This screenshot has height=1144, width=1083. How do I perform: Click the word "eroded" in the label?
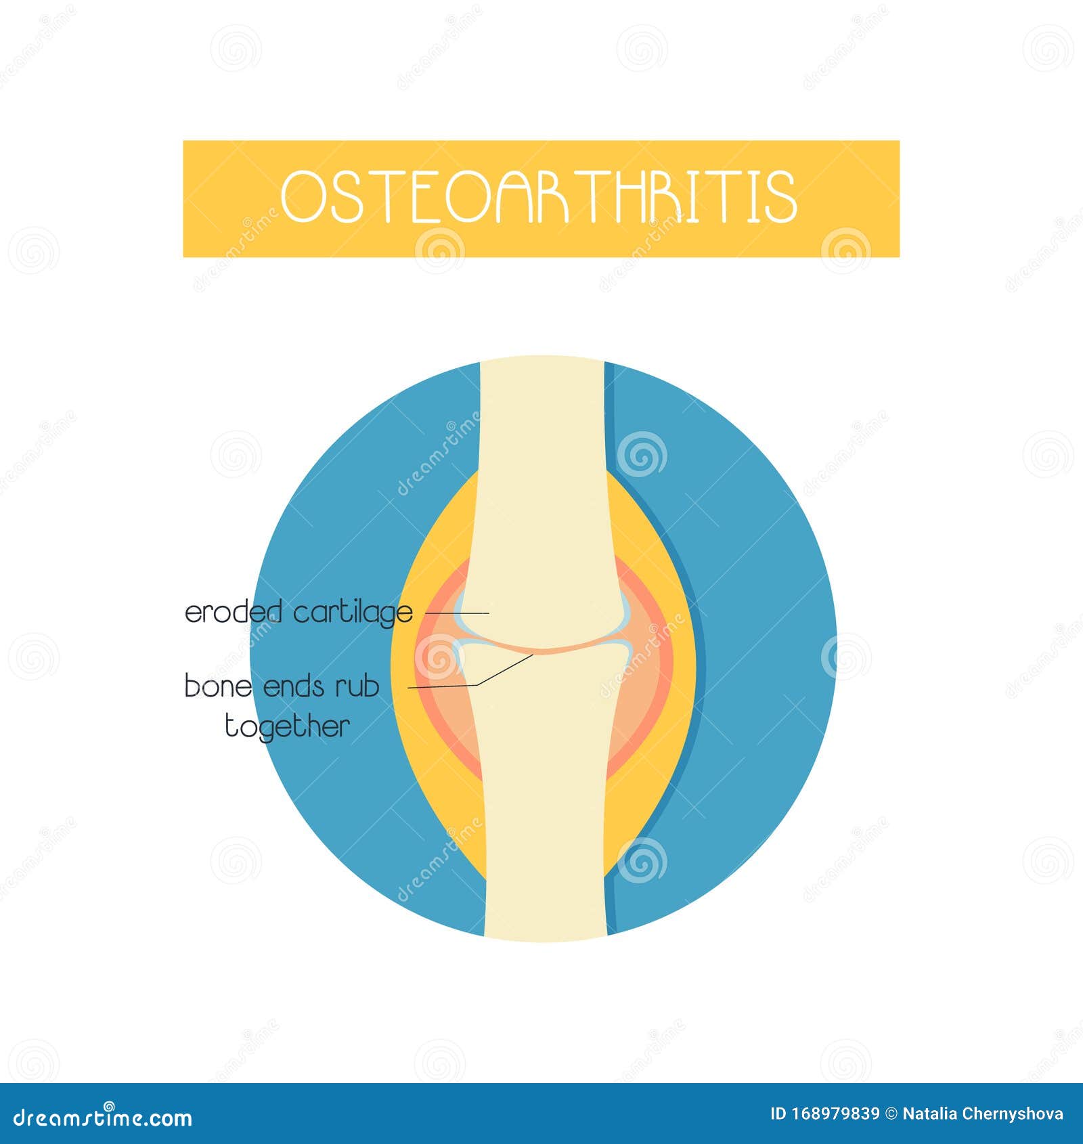click(x=233, y=613)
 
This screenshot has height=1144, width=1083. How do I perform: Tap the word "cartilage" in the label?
click(x=353, y=613)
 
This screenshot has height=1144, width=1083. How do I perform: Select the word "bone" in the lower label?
click(x=218, y=686)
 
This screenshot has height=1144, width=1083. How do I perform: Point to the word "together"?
click(x=287, y=727)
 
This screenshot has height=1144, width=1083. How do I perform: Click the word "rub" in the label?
click(x=357, y=686)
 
